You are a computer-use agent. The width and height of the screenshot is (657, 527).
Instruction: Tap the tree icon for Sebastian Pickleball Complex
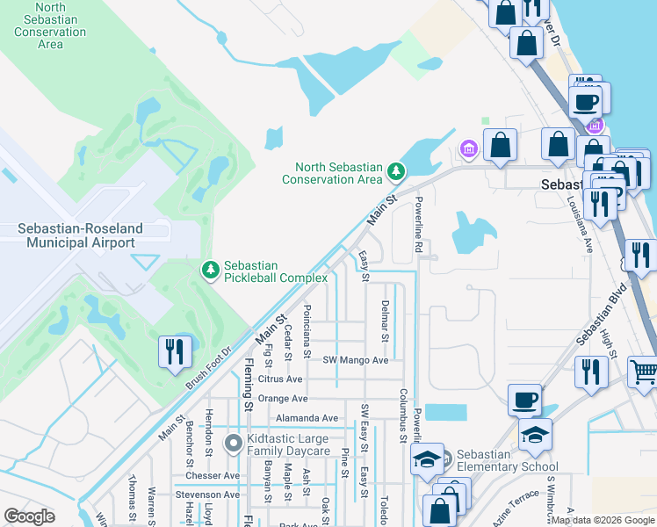[x=210, y=270]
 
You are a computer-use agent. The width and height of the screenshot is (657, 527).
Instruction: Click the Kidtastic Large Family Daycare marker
[x=233, y=444]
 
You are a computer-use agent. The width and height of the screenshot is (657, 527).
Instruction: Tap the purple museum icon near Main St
[x=468, y=149]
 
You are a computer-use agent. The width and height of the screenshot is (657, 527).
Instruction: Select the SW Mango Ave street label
[x=355, y=360]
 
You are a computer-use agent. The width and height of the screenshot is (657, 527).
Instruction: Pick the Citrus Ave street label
[x=280, y=379]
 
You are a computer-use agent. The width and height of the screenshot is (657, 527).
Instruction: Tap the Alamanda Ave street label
[x=306, y=418]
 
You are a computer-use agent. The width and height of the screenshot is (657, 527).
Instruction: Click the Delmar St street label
[x=385, y=320]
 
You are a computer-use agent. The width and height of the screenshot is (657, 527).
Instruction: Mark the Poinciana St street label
[x=307, y=330]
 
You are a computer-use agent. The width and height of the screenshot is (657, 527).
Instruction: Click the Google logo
[x=29, y=516]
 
